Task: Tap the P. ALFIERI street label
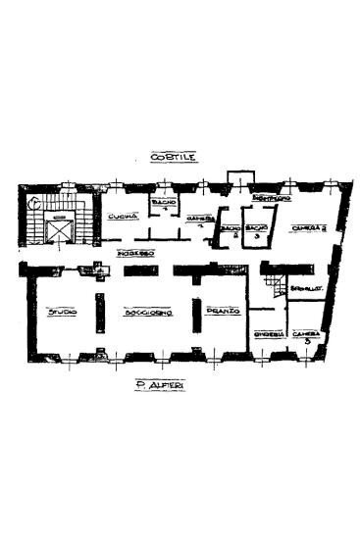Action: [x=164, y=388]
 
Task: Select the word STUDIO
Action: [x=62, y=313]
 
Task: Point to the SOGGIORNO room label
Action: [x=148, y=313]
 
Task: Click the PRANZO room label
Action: [x=218, y=313]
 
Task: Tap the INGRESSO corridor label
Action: [x=133, y=253]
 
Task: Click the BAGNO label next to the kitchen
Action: [x=163, y=204]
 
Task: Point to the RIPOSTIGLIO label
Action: [x=269, y=199]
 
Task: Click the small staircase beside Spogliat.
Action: [x=274, y=289]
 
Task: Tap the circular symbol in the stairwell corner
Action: [x=33, y=204]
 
